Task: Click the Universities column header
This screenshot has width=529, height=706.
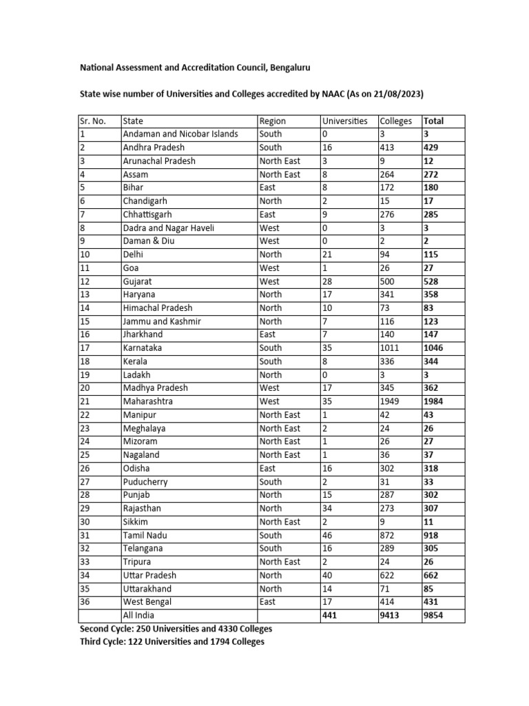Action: coord(344,121)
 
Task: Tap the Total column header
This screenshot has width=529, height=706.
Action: coord(434,121)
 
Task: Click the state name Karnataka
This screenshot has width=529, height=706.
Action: coord(143,348)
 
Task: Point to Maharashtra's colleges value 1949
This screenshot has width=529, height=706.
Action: coord(391,401)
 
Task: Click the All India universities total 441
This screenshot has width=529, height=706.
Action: coord(330,616)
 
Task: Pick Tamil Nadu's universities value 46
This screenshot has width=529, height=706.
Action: coord(328,535)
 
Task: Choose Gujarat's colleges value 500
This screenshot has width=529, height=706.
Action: coord(388,281)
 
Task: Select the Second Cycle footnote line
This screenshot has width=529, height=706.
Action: coord(176,629)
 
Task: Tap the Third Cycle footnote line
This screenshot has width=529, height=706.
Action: coord(172,642)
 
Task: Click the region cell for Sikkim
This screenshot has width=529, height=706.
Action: coord(280,522)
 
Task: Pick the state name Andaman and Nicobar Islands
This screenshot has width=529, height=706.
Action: coord(180,134)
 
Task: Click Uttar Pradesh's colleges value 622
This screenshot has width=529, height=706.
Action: coord(388,575)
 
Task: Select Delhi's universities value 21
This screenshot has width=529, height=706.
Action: coord(328,254)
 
